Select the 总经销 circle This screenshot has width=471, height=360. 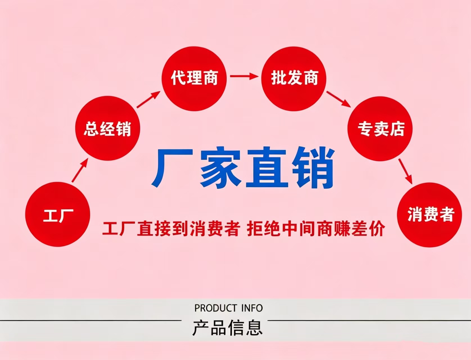108,128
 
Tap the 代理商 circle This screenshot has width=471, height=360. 194,78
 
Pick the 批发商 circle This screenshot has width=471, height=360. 294,78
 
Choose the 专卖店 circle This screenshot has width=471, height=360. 380,129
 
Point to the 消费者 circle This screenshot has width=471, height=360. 430,215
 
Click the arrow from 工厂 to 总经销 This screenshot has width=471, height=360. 80,170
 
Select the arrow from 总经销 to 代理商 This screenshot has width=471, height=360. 148,99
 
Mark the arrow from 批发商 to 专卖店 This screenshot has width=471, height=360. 339,99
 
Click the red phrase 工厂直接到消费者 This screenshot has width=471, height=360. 171,229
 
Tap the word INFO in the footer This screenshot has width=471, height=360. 252,308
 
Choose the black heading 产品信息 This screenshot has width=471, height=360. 227,328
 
